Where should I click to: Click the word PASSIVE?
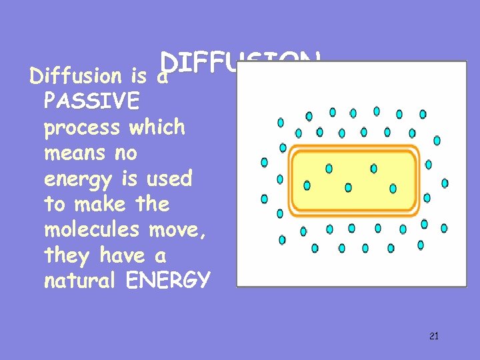91,101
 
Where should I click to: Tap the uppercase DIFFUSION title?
240,63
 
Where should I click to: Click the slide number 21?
434,336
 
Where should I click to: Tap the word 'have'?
122,255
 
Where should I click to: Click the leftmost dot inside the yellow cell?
307,185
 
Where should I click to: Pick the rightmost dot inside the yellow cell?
393,189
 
